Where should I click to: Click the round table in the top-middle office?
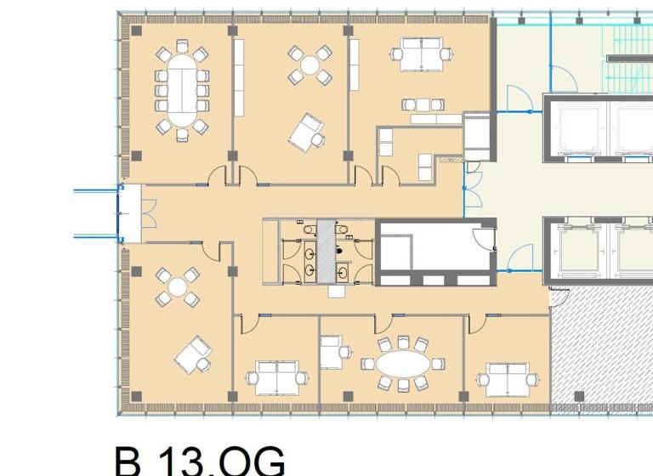(x=309, y=63)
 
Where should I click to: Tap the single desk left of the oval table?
(x=329, y=352)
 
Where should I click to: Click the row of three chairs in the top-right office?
(x=423, y=105)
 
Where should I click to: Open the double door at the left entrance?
(x=147, y=212)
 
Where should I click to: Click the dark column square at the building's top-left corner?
(x=136, y=31)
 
